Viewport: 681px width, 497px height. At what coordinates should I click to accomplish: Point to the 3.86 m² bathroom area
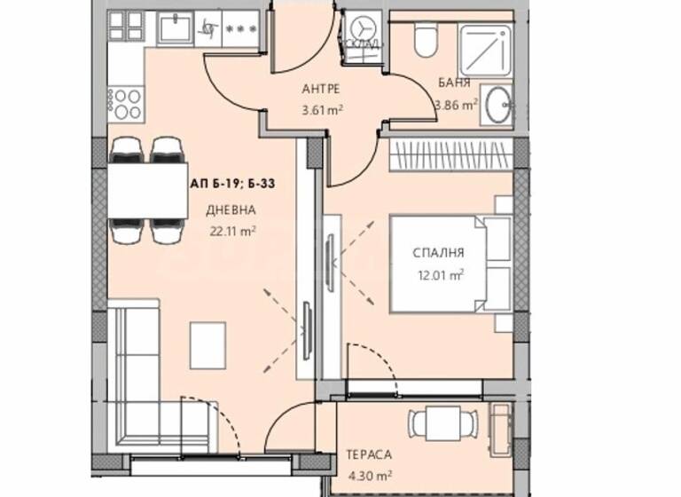pyautogui.click(x=456, y=104)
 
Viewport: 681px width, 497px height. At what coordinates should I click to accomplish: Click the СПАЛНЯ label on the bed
pyautogui.click(x=438, y=254)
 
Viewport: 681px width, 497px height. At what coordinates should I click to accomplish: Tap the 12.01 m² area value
pyautogui.click(x=439, y=274)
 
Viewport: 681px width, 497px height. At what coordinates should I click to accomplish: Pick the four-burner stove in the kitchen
pyautogui.click(x=125, y=103)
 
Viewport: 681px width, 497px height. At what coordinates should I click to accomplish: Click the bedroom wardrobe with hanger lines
pyautogui.click(x=450, y=149)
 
